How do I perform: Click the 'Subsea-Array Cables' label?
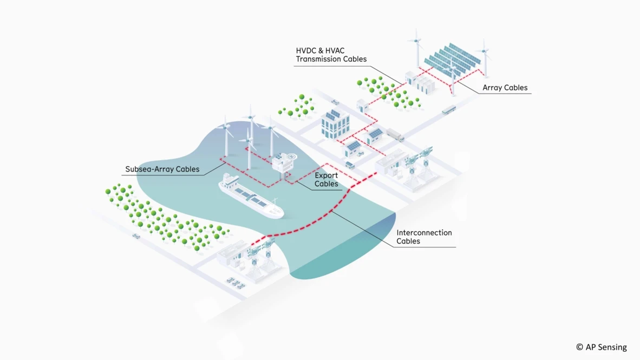coord(162,169)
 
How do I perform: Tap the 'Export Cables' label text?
coord(326,180)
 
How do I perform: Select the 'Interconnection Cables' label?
coord(423,237)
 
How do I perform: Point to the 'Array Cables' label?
coord(505,88)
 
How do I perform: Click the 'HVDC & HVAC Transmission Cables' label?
coord(331,55)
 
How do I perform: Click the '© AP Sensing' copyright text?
coord(601,347)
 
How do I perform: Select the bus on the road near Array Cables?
coord(448,110)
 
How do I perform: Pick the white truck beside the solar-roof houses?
coord(395,135)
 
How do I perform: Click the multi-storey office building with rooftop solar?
coord(335,125)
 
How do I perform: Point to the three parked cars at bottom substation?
coord(236,282)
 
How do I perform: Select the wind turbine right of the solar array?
coord(485,57)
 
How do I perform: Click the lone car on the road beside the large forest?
coord(136,236)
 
